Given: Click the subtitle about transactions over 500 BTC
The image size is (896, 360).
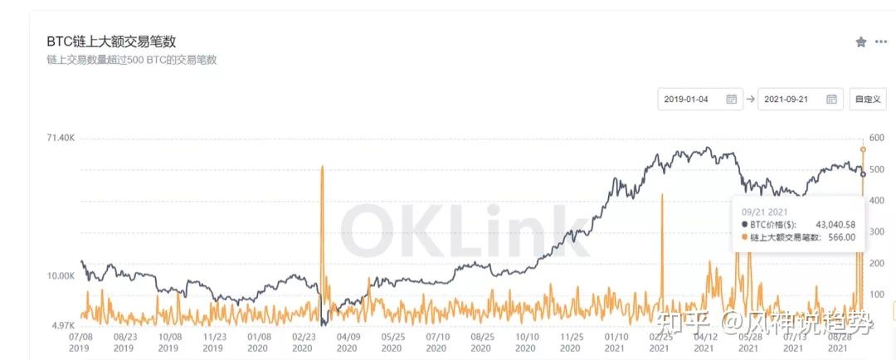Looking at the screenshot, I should click(132, 60).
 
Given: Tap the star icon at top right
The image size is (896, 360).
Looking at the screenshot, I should click(861, 41).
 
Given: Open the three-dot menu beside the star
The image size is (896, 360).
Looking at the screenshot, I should click(881, 41).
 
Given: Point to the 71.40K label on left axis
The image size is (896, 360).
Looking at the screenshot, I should click(61, 138).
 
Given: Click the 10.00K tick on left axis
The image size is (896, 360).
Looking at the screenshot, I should click(61, 275).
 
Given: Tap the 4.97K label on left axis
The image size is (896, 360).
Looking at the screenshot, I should click(64, 325).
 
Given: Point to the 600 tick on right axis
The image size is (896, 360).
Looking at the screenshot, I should click(877, 138).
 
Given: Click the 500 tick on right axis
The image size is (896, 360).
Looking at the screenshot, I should click(877, 169).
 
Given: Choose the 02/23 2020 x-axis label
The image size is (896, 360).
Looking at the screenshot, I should click(304, 343).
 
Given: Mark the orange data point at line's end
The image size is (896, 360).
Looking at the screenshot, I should click(863, 149).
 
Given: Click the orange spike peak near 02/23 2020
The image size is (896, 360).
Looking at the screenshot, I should click(322, 168).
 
